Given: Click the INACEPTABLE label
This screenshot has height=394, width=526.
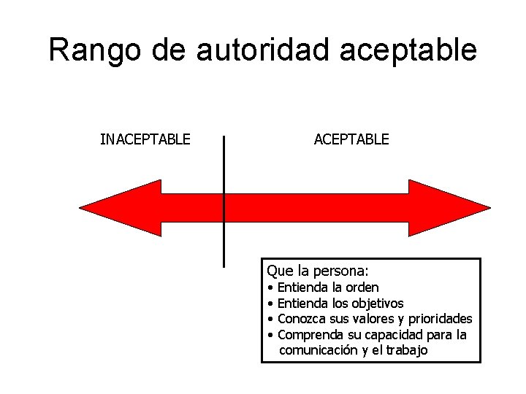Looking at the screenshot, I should pyautogui.click(x=145, y=139).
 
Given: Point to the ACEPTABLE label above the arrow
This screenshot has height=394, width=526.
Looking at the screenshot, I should pyautogui.click(x=351, y=139).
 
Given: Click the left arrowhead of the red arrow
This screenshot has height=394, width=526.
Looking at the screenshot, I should pyautogui.click(x=121, y=208).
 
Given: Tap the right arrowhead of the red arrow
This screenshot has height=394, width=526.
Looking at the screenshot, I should pyautogui.click(x=449, y=208).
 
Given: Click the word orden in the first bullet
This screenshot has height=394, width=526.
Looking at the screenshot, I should pyautogui.click(x=362, y=288).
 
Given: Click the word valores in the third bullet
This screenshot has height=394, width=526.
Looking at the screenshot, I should pyautogui.click(x=373, y=319).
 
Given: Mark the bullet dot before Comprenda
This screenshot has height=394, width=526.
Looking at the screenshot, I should pyautogui.click(x=270, y=336).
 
